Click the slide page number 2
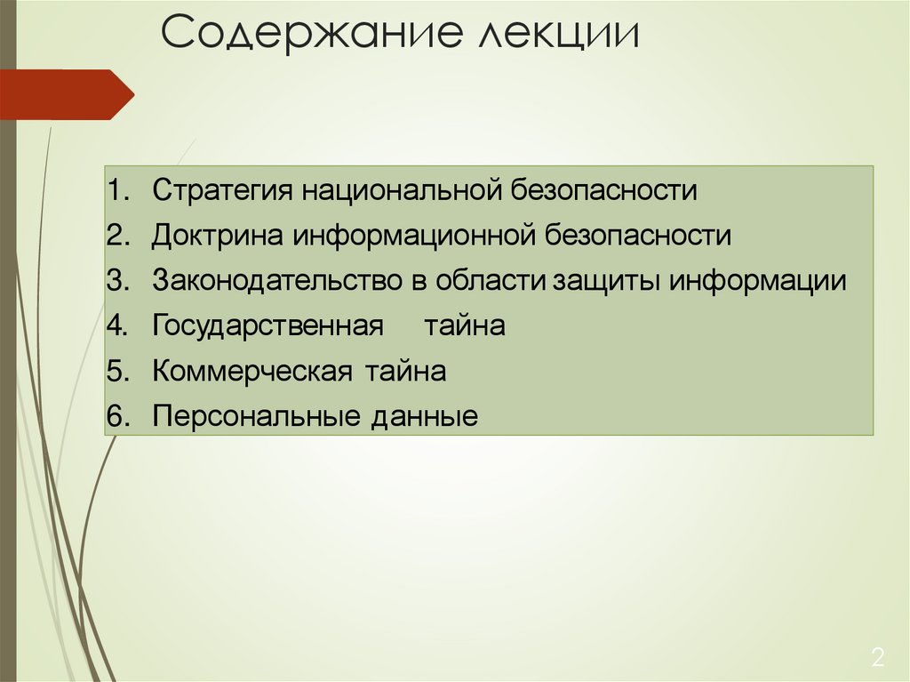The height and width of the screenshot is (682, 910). point(878,659)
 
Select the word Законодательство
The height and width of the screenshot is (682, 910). point(277,281)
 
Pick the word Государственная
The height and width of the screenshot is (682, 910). point(267,326)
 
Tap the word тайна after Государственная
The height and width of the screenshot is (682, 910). point(464,325)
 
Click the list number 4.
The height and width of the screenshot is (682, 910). point(117,325)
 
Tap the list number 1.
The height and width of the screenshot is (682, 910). point(117,190)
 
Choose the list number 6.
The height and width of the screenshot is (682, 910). point(117,416)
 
